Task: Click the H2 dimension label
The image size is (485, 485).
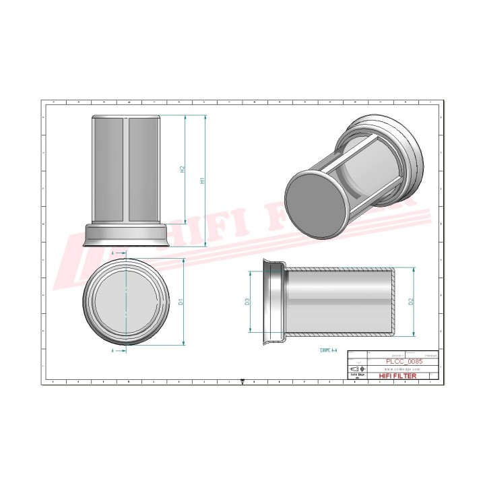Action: [x=183, y=170]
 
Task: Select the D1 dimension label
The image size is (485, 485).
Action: [x=181, y=302]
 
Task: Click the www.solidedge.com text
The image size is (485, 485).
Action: [x=402, y=370]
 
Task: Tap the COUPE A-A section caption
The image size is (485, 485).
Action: [x=331, y=351]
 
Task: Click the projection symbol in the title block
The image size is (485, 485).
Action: [x=356, y=370]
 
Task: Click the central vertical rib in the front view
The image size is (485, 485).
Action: [x=125, y=168]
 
